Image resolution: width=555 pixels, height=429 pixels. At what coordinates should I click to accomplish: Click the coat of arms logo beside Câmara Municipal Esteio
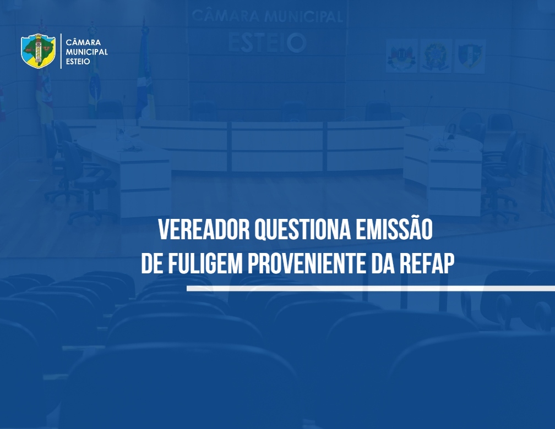(38, 51)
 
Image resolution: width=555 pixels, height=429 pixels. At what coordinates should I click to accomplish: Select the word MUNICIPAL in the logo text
(87, 52)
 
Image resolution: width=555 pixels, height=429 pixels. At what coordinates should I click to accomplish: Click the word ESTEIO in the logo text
(78, 61)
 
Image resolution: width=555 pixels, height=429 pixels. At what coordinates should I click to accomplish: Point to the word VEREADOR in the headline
(204, 230)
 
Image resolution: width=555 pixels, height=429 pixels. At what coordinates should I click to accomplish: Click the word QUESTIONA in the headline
(303, 230)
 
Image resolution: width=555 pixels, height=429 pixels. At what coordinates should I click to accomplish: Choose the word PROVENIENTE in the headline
(307, 263)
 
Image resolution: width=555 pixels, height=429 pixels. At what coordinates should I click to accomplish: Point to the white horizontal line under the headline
(371, 289)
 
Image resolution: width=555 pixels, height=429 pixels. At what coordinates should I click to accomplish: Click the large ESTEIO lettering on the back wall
(267, 42)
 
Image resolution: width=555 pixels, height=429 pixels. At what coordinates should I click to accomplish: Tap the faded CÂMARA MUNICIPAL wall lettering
(267, 16)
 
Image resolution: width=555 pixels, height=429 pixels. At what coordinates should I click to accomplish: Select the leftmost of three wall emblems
(401, 56)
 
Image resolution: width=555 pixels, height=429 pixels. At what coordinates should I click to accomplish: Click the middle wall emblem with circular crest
(436, 56)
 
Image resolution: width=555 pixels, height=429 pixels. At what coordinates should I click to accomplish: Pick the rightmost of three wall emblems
(470, 56)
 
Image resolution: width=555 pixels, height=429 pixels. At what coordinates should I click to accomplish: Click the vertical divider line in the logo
(61, 51)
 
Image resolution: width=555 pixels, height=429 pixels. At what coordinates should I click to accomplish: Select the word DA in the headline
(383, 263)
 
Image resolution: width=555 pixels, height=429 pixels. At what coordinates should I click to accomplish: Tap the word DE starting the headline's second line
(152, 263)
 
